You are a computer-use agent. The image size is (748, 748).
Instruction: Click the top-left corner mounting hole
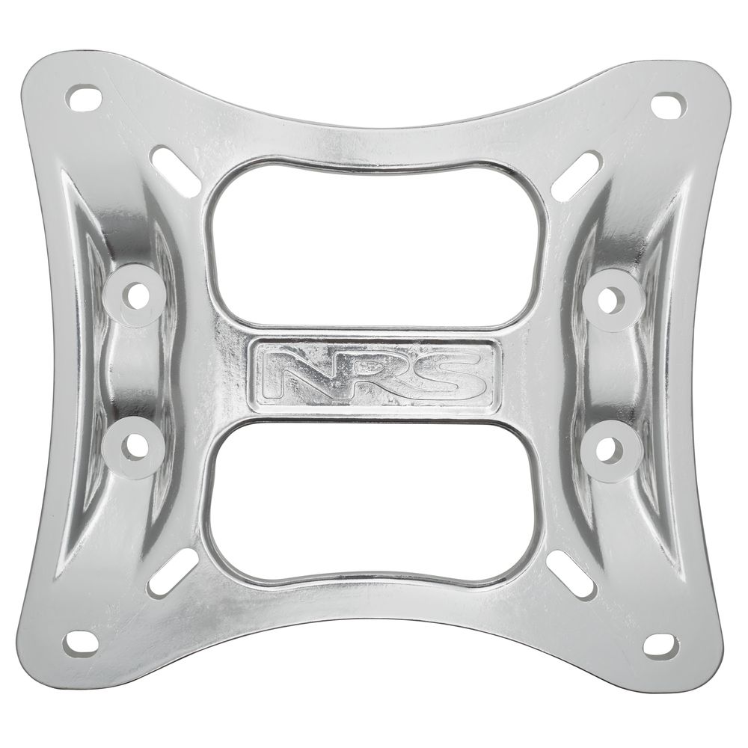85,96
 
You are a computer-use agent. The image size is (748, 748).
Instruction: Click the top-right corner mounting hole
668,105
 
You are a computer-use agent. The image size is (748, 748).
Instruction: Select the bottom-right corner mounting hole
661,646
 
